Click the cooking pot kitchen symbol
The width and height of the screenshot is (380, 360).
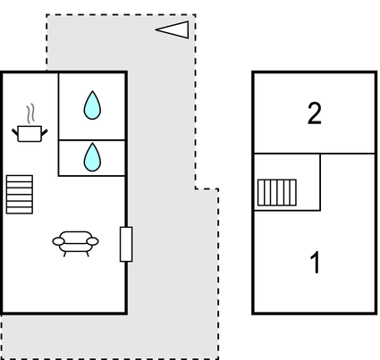(x=30, y=134)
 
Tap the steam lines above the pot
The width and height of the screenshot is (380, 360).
(x=30, y=113)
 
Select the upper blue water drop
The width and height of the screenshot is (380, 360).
(x=92, y=105)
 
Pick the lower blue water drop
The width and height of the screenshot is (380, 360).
(x=92, y=157)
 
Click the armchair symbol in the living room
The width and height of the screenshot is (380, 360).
(x=75, y=244)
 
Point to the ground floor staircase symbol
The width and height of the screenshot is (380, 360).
(x=20, y=195)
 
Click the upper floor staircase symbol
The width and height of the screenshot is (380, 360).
(x=277, y=192)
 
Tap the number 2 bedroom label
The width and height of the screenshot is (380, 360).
(x=315, y=113)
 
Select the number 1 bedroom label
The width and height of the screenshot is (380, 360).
(x=315, y=262)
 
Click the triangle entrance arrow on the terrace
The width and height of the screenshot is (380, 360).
(x=173, y=29)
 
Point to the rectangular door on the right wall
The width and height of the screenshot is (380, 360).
(x=126, y=244)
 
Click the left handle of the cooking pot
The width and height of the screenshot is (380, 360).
(x=15, y=132)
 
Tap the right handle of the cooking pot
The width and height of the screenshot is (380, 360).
(x=44, y=132)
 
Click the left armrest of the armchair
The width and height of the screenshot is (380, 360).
(x=58, y=241)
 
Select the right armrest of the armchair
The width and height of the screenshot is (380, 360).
(x=93, y=241)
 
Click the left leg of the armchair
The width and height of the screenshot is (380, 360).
(x=64, y=254)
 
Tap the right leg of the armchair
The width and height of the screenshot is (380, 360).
(x=88, y=254)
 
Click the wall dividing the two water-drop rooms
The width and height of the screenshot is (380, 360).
(x=92, y=139)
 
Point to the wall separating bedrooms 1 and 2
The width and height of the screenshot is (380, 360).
(x=314, y=154)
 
